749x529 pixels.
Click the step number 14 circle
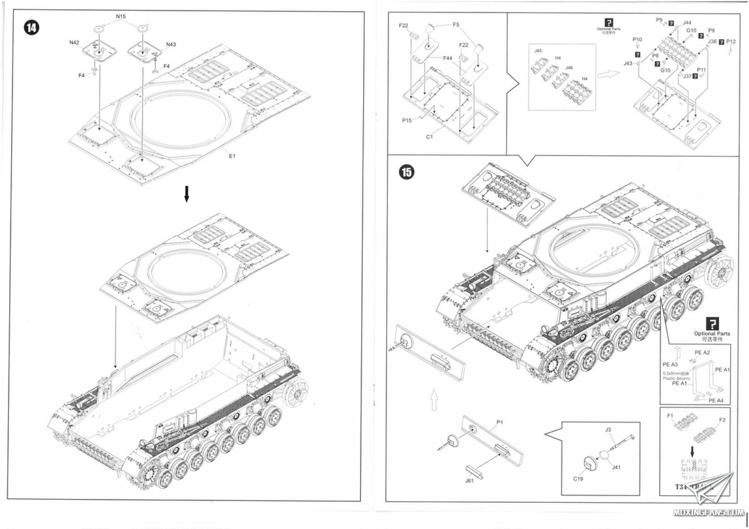31,28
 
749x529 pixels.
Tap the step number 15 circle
406,172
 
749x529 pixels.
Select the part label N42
74,43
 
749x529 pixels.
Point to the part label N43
171,44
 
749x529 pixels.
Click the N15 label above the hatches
121,16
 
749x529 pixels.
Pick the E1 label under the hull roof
232,156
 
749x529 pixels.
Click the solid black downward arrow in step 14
186,194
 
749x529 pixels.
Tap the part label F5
456,25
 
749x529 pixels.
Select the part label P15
407,120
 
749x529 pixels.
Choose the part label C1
429,137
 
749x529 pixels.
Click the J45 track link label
538,51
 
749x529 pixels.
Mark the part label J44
687,22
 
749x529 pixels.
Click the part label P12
731,42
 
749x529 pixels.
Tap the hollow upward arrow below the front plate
433,400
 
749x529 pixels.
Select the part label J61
469,481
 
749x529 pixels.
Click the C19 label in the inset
578,479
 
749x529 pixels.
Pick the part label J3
608,429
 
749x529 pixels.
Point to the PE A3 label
670,364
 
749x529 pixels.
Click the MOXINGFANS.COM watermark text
707,513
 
